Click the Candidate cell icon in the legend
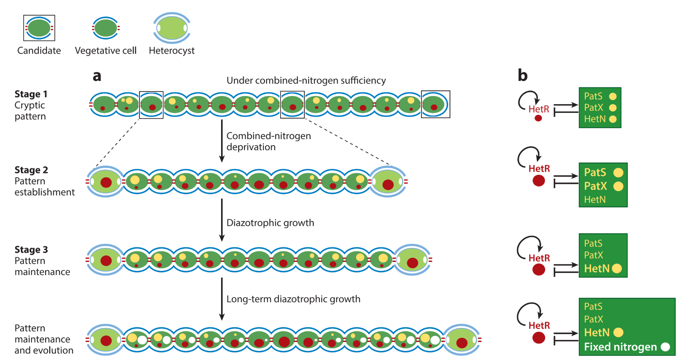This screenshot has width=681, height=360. click(x=39, y=28)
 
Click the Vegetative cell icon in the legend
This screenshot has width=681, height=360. click(x=106, y=28)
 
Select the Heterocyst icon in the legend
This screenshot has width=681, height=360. click(x=172, y=28)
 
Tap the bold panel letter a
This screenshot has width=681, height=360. click(x=97, y=76)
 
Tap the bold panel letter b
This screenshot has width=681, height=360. click(x=522, y=75)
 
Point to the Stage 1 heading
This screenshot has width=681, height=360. click(x=31, y=94)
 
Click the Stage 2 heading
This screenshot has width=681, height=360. click(x=31, y=170)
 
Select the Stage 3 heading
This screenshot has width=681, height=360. click(x=31, y=250)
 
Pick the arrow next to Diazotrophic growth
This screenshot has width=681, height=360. click(x=222, y=220)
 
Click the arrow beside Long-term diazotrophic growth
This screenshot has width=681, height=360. click(x=222, y=299)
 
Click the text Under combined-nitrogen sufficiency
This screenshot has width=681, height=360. click(x=306, y=80)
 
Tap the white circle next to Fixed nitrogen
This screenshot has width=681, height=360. click(x=665, y=347)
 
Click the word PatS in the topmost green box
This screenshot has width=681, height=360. click(x=593, y=96)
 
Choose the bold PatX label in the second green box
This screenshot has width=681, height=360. click(x=595, y=186)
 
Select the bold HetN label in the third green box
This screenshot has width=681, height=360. click(x=596, y=268)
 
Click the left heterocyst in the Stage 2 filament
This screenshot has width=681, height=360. click(x=105, y=182)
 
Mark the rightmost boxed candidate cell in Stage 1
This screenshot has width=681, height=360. click(x=435, y=105)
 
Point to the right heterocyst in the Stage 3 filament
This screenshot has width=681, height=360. click(x=412, y=260)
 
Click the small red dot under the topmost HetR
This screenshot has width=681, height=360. click(x=538, y=118)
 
